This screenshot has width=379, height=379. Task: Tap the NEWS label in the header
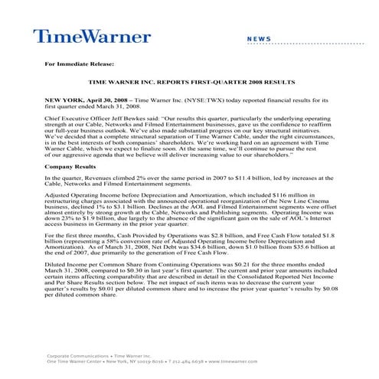pos(258,38)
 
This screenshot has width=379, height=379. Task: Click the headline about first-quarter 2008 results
pos(189,80)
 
